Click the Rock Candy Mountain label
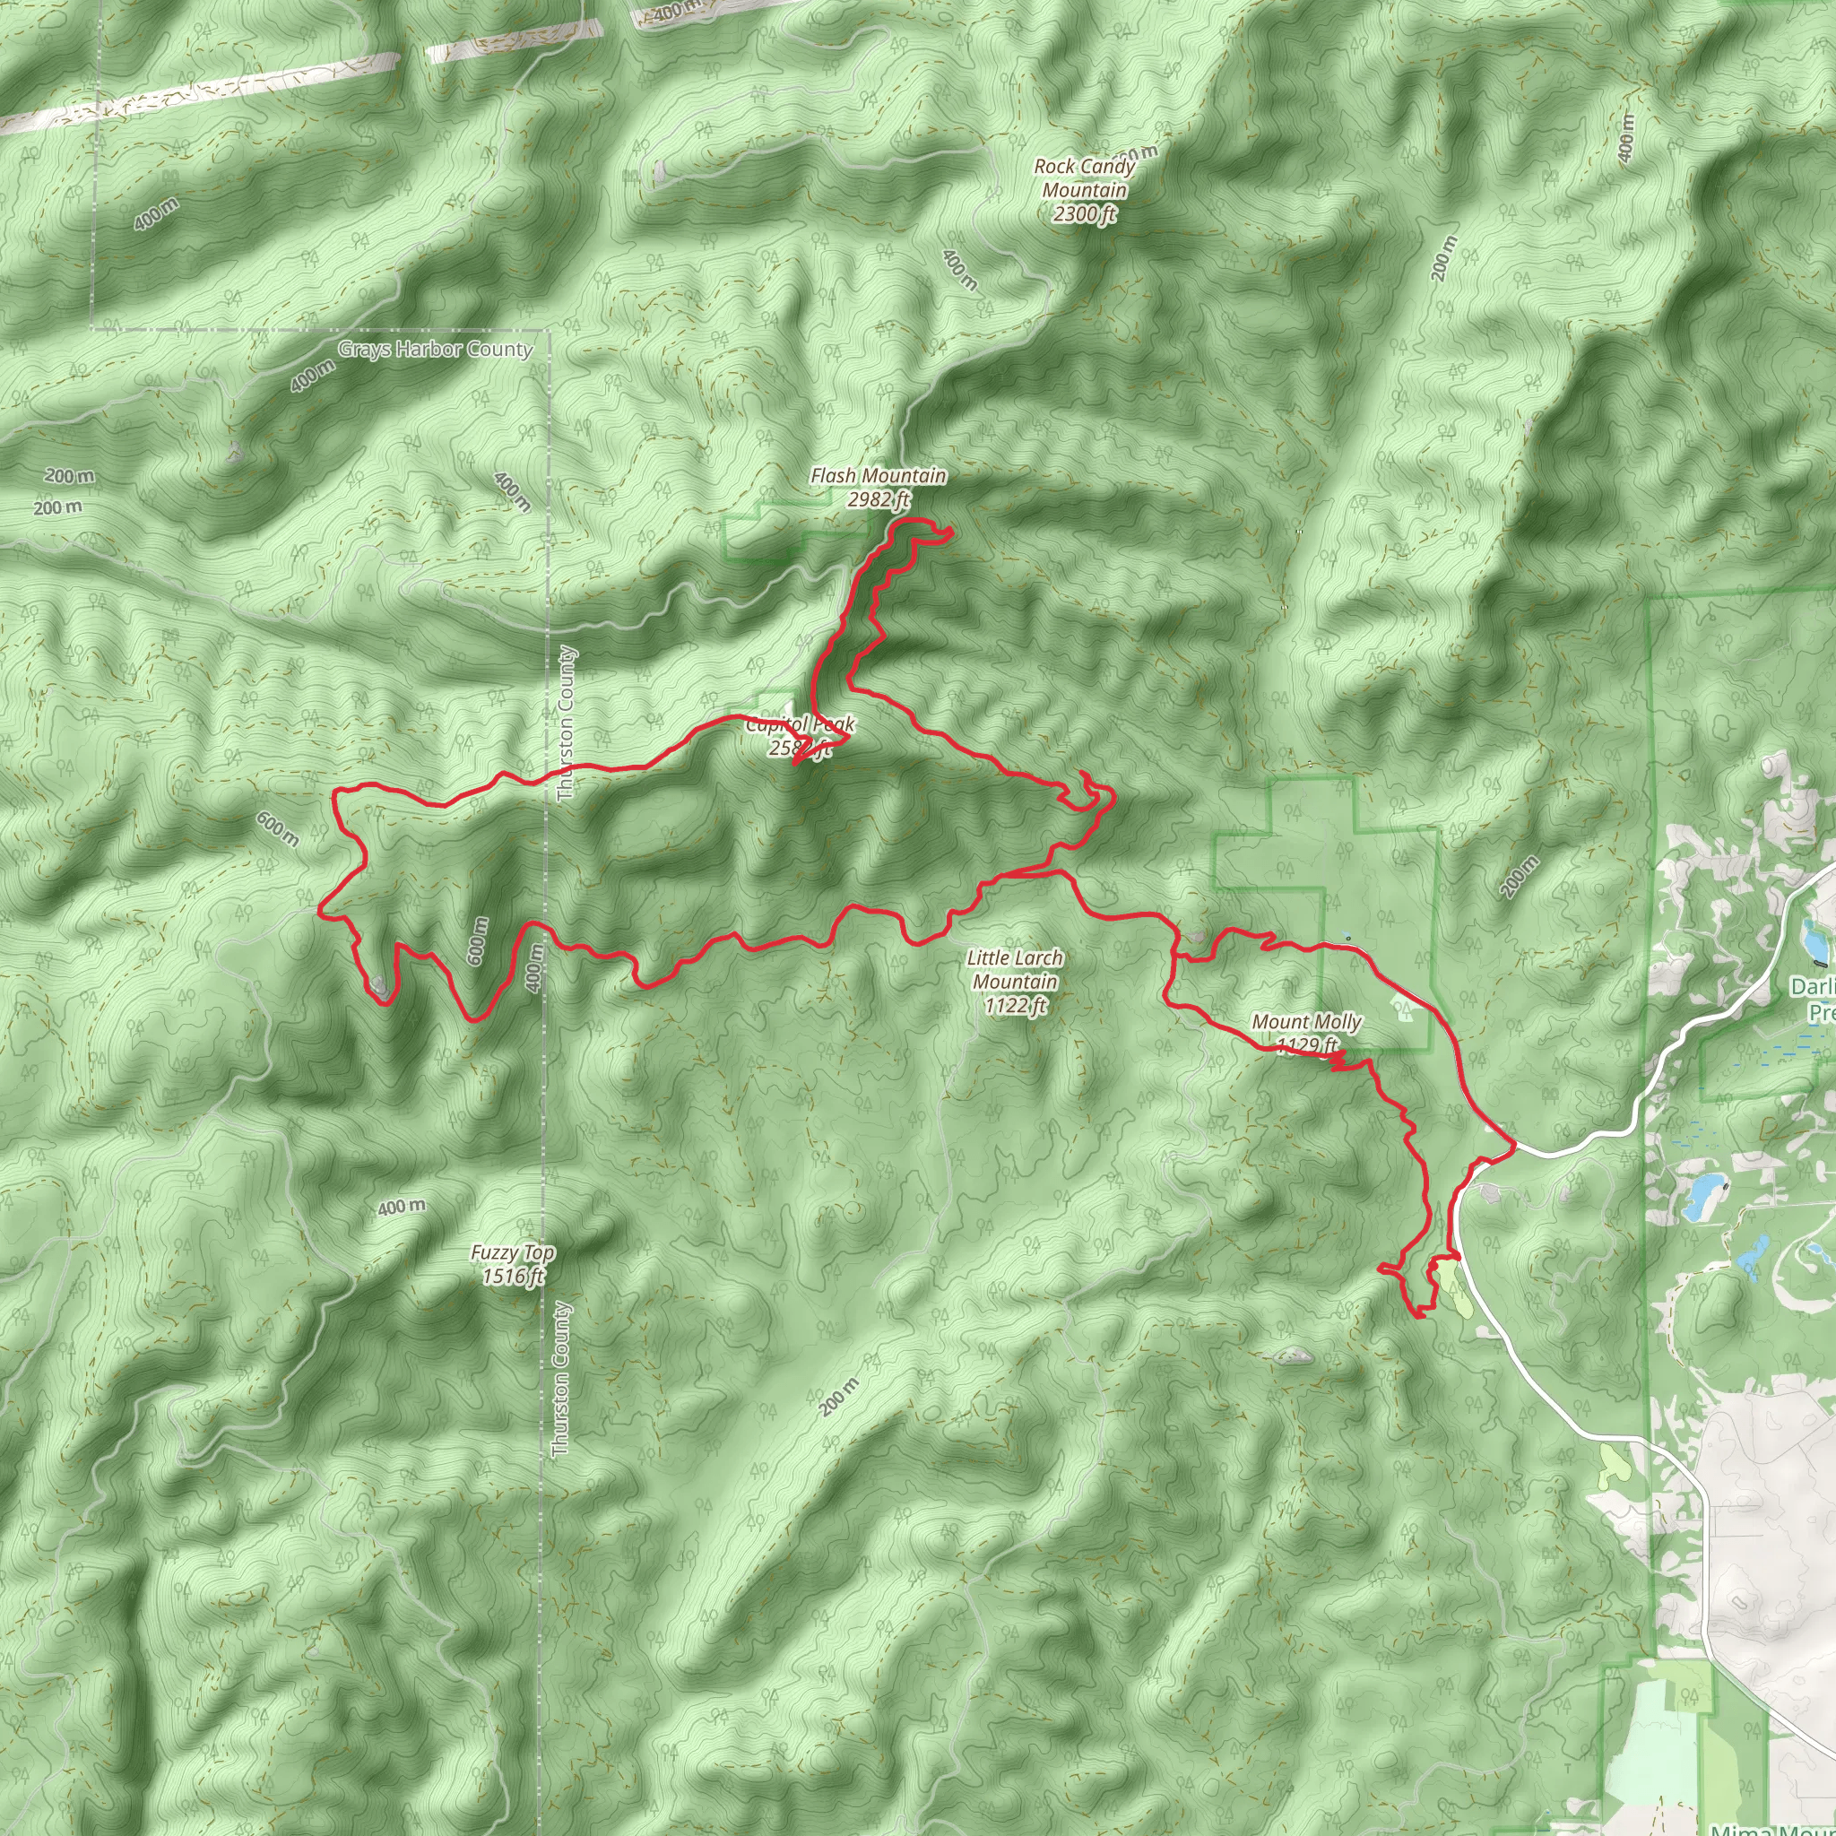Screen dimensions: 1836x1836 pyautogui.click(x=1085, y=178)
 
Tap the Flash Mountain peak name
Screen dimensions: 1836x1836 pyautogui.click(x=877, y=475)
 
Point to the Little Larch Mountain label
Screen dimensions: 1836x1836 pyautogui.click(x=1015, y=969)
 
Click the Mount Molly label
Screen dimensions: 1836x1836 pyautogui.click(x=1307, y=1023)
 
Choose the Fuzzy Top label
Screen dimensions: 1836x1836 pyautogui.click(x=512, y=1253)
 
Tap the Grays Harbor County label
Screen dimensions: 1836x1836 pyautogui.click(x=435, y=349)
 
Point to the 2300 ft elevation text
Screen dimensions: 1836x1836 pyautogui.click(x=1085, y=214)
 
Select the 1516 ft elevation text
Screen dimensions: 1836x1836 pyautogui.click(x=513, y=1277)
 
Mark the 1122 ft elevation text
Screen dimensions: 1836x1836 pyautogui.click(x=1015, y=1004)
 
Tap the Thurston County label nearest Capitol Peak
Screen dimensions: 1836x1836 pyautogui.click(x=567, y=723)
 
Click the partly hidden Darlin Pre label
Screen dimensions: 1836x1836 pyautogui.click(x=1811, y=999)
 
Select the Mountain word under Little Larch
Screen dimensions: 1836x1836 pyautogui.click(x=1015, y=981)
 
